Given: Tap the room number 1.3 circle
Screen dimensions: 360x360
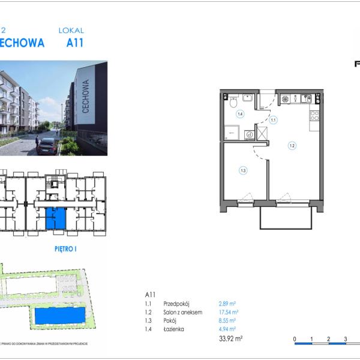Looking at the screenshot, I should pyautogui.click(x=243, y=170).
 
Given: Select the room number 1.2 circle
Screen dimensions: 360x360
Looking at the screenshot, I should pyautogui.click(x=292, y=145).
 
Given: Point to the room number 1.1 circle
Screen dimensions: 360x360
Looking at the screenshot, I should pyautogui.click(x=273, y=120).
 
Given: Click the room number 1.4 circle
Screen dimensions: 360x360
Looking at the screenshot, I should pyautogui.click(x=239, y=113).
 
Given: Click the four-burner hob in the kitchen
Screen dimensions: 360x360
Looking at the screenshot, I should pyautogui.click(x=286, y=98).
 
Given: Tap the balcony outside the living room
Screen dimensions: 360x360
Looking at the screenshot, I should pyautogui.click(x=286, y=218).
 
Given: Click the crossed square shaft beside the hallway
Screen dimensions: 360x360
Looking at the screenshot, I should pyautogui.click(x=262, y=133).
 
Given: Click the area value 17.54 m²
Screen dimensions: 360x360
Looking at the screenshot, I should pyautogui.click(x=229, y=313).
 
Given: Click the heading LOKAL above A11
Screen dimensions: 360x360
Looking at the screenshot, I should pyautogui.click(x=71, y=30).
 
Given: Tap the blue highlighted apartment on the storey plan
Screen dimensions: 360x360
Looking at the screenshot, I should pyautogui.click(x=56, y=218).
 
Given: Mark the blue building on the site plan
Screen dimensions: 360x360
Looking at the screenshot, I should pyautogui.click(x=59, y=316).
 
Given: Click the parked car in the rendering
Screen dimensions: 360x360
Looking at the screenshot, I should pyautogui.click(x=47, y=146).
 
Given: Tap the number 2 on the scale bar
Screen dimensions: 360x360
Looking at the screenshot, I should pyautogui.click(x=329, y=339).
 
